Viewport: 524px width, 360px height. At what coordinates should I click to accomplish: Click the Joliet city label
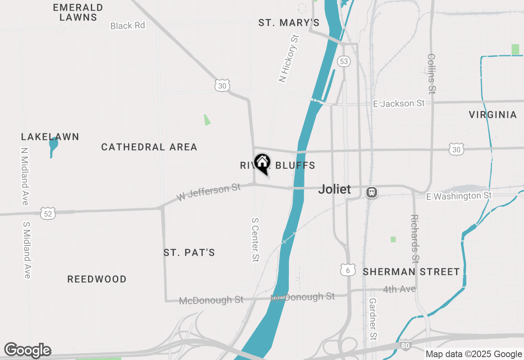tap(334, 189)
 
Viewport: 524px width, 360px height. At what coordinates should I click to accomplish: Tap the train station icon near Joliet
tap(372, 192)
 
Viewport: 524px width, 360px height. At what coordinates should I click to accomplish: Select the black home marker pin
tap(262, 163)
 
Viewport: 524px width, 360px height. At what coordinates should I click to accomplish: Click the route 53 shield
tap(343, 62)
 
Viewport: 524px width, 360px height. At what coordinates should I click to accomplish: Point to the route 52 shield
tap(48, 213)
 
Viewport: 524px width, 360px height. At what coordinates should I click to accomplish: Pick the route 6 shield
tap(348, 270)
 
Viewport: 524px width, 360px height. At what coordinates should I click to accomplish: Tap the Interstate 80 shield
tap(404, 346)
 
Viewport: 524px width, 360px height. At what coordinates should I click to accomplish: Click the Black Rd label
tap(128, 25)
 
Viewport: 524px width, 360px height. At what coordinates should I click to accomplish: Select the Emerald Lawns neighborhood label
tap(78, 12)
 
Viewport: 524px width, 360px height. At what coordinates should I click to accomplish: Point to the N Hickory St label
tap(289, 59)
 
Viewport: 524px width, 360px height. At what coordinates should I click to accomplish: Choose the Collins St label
tap(431, 73)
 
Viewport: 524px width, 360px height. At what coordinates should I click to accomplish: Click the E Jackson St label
tap(399, 103)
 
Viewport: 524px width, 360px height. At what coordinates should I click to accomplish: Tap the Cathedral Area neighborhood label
tap(149, 147)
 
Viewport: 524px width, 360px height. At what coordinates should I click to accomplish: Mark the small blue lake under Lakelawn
tap(53, 146)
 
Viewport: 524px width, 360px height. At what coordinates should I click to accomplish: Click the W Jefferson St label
tap(209, 193)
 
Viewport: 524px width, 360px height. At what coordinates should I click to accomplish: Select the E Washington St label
tap(458, 196)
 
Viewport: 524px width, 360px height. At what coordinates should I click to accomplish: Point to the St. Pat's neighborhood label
tap(189, 252)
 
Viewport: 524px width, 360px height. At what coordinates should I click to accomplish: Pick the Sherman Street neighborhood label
tap(411, 272)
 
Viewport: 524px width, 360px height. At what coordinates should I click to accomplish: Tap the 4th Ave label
tap(399, 289)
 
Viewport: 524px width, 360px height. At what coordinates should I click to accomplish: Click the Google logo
tap(28, 351)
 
